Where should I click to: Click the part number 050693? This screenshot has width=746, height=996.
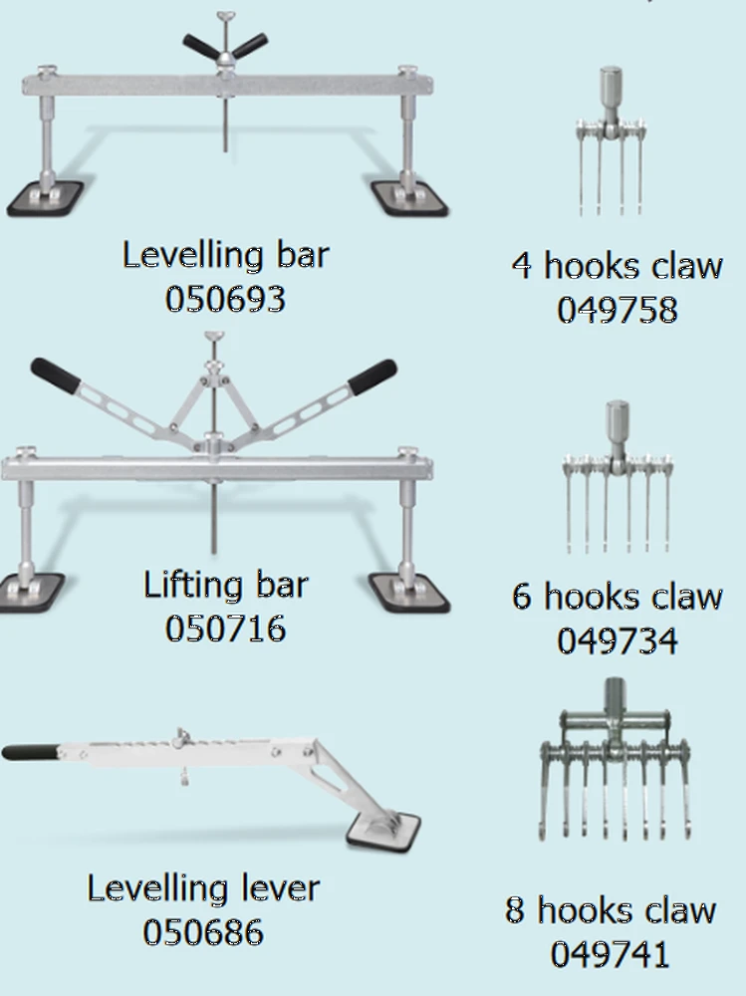click(225, 299)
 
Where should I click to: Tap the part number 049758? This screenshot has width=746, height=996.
click(617, 310)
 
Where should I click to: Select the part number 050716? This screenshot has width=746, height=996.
click(225, 628)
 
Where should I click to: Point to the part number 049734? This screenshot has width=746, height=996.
click(617, 640)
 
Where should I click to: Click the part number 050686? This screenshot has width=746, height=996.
click(203, 932)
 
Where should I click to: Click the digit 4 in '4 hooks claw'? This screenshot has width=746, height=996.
click(522, 266)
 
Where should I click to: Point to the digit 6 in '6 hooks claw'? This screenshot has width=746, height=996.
click(522, 597)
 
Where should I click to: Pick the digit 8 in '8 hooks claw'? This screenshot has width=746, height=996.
click(515, 909)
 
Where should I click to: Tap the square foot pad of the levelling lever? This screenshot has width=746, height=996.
click(383, 831)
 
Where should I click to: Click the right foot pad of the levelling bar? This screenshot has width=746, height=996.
click(410, 198)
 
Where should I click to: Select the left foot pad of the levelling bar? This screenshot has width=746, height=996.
click(45, 198)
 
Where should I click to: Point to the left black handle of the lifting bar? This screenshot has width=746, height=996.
click(56, 374)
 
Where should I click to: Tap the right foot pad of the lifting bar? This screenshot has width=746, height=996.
click(410, 592)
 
